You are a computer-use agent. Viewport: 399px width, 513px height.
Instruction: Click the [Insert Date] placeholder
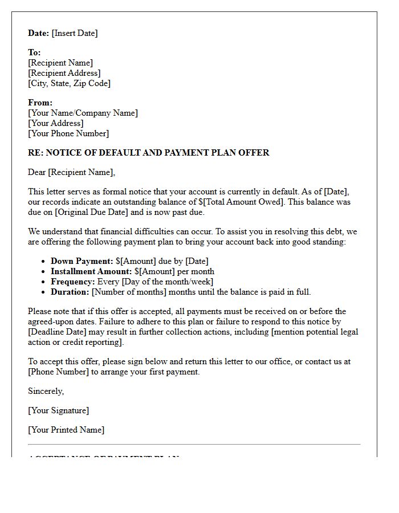(x=75, y=33)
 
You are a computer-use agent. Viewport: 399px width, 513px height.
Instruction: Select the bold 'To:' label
(x=34, y=52)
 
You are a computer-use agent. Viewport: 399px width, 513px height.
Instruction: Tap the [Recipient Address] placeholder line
(x=64, y=73)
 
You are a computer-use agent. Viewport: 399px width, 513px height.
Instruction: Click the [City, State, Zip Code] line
(x=69, y=83)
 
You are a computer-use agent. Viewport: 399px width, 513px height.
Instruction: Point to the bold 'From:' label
(x=40, y=103)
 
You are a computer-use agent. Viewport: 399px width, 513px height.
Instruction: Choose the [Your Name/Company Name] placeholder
(x=83, y=113)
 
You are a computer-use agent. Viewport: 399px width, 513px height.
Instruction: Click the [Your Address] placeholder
(x=55, y=123)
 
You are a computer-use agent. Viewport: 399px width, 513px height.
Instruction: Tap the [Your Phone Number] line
(x=68, y=133)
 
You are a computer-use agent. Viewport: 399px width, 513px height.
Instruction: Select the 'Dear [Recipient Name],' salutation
(x=71, y=172)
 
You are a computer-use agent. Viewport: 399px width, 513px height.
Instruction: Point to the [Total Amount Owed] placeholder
(x=256, y=202)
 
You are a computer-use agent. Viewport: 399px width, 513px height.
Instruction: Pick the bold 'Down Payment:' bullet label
(x=82, y=261)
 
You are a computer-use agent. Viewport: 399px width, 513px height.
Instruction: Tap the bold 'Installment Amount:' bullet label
(x=91, y=271)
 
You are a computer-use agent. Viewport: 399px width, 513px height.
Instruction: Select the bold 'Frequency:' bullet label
(x=73, y=282)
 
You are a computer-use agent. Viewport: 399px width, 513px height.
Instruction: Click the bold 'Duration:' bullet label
(x=70, y=292)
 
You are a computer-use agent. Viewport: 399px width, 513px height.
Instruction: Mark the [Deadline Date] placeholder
(x=58, y=332)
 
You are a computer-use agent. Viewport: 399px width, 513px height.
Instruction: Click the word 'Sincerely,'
(x=46, y=391)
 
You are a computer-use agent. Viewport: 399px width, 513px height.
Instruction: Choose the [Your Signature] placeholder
(x=58, y=410)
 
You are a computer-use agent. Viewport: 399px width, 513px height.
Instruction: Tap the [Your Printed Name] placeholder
(x=66, y=430)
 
